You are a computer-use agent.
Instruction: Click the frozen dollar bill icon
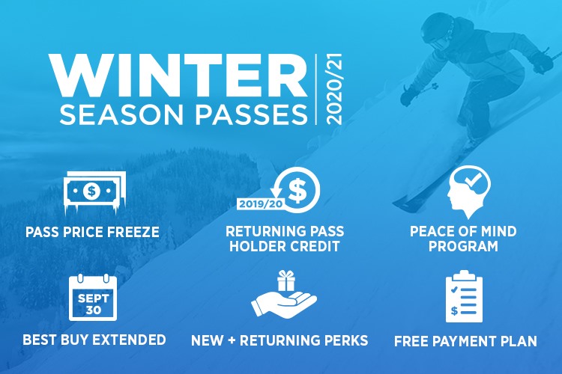92,190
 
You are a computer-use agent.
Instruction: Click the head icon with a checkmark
463,191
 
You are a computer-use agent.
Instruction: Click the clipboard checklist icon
464,296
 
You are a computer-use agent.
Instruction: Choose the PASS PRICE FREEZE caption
92,231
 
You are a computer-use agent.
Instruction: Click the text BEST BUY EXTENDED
94,340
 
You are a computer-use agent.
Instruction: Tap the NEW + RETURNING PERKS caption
280,340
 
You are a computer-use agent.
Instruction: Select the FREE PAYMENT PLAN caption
465,341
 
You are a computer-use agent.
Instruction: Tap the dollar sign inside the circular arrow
297,190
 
